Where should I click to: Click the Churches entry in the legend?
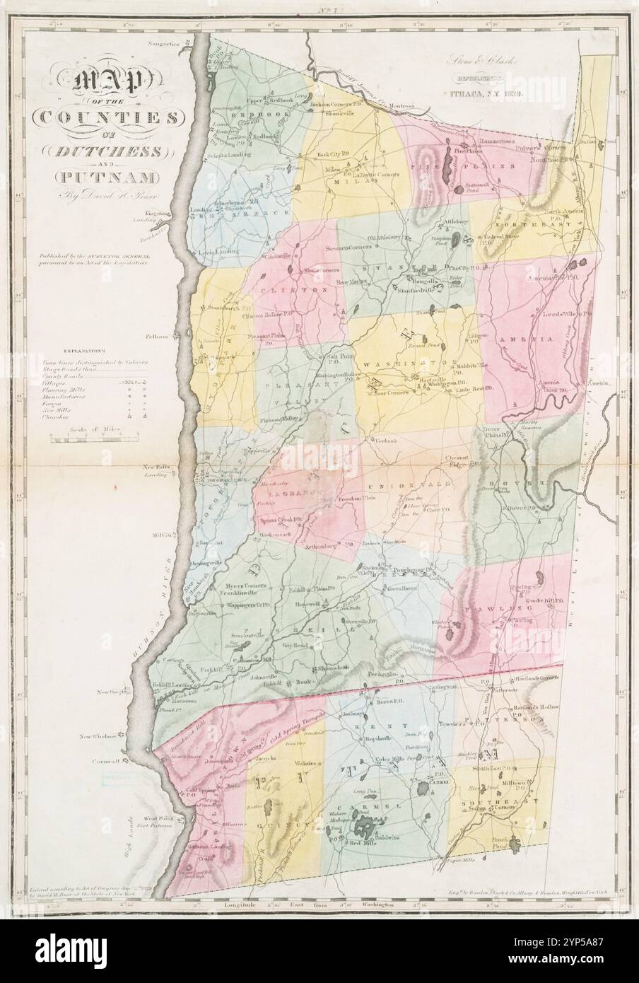click(x=75, y=418)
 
